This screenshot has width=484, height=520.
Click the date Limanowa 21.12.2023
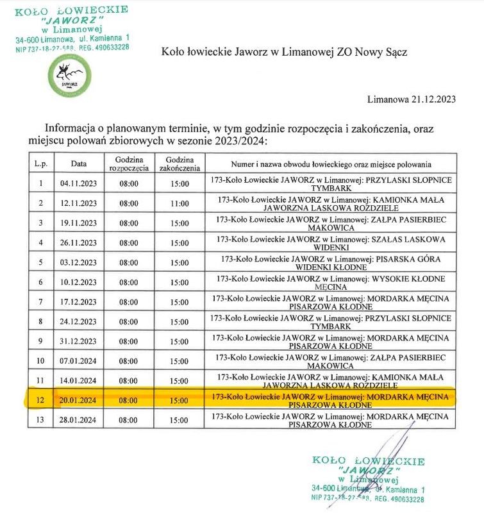tap(412, 99)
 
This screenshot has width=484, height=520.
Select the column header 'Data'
tap(79, 164)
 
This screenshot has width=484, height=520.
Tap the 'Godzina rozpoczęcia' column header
tap(129, 164)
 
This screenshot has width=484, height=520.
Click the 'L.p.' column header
tap(41, 164)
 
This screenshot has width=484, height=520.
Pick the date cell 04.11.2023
tap(79, 184)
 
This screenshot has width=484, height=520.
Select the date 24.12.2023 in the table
tap(79, 322)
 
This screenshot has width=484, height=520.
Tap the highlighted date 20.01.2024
tap(79, 401)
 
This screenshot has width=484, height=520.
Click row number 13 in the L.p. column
tap(41, 420)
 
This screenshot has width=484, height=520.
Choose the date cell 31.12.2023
tap(79, 341)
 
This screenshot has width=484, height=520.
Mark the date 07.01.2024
tap(79, 361)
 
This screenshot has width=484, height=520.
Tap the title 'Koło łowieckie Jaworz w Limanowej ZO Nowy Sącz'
tap(284, 51)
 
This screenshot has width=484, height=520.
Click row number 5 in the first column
tap(41, 262)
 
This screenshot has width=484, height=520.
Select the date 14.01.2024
tap(79, 381)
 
